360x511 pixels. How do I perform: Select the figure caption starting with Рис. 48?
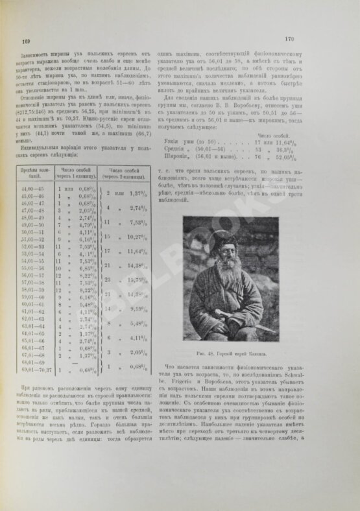[x=251, y=355]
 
